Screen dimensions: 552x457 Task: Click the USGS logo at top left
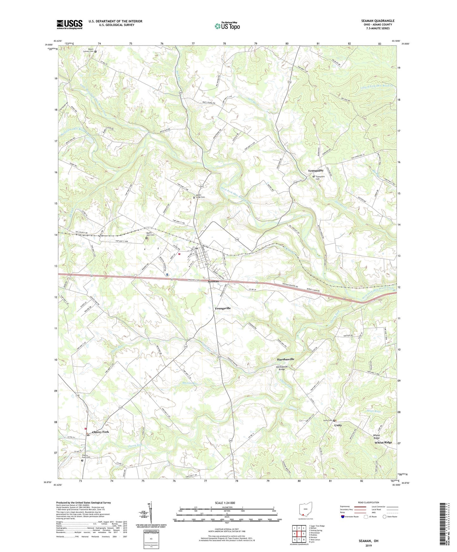pyautogui.click(x=70, y=24)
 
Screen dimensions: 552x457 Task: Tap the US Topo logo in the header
pyautogui.click(x=227, y=26)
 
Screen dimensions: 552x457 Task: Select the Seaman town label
pyautogui.click(x=213, y=281)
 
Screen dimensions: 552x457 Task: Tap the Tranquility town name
pyautogui.click(x=316, y=171)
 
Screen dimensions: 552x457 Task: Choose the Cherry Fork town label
pyautogui.click(x=100, y=432)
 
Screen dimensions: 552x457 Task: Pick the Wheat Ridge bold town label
pyautogui.click(x=383, y=442)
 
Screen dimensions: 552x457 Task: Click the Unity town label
pyautogui.click(x=338, y=425)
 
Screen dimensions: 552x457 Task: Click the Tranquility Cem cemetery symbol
pyautogui.click(x=314, y=177)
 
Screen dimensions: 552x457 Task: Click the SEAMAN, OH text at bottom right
pyautogui.click(x=368, y=541)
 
